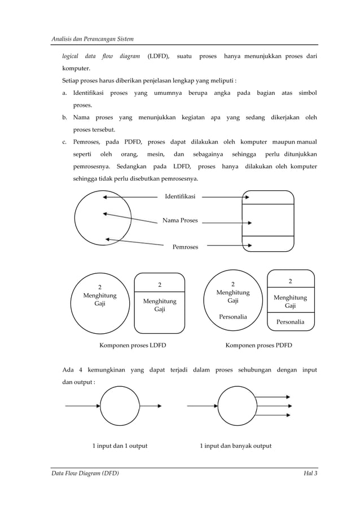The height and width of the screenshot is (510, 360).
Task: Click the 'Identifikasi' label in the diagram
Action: pyautogui.click(x=180, y=197)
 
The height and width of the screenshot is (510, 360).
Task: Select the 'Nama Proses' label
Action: pyautogui.click(x=180, y=220)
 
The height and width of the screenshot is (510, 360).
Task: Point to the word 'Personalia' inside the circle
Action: pyautogui.click(x=232, y=317)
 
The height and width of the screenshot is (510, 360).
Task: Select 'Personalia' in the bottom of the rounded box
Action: pyautogui.click(x=290, y=322)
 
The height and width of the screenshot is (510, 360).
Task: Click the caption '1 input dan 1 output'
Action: pyautogui.click(x=120, y=446)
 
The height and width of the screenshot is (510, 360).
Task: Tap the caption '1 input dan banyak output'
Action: pyautogui.click(x=235, y=446)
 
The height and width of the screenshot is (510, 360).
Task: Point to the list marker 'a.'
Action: pyautogui.click(x=65, y=92)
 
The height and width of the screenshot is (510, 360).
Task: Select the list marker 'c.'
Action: pyautogui.click(x=65, y=141)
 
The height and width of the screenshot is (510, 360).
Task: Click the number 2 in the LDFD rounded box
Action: pyautogui.click(x=159, y=285)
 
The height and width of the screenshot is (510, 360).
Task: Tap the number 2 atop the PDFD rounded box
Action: pyautogui.click(x=290, y=281)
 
